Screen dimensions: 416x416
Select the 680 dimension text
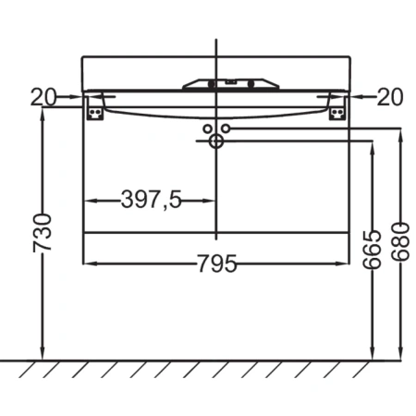pos(399,243)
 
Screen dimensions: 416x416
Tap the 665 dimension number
pos(372,249)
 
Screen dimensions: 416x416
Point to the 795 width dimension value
pos(216,265)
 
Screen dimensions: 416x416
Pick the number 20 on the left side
pos(43,95)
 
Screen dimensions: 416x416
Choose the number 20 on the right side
pos(389,95)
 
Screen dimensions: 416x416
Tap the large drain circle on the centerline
pos(216,141)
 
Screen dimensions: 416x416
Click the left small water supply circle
pos(208,128)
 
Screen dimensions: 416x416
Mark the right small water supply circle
pos(225,128)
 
